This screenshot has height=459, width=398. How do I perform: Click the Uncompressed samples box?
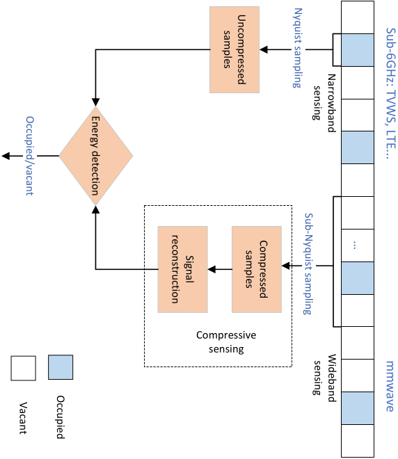(234, 50)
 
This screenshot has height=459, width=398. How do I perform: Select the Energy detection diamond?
(96, 156)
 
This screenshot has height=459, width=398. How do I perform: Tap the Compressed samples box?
(257, 269)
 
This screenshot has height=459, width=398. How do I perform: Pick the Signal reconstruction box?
(183, 269)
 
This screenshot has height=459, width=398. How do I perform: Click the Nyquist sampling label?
(297, 48)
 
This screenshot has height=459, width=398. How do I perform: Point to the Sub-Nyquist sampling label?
(308, 264)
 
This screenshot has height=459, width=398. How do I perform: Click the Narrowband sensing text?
(324, 103)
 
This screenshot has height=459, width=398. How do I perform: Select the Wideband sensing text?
(324, 378)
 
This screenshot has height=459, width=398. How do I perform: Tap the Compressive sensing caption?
(226, 341)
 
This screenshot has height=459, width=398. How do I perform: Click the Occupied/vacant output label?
(30, 156)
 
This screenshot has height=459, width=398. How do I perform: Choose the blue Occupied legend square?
(61, 367)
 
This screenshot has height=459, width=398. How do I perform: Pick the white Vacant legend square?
(24, 369)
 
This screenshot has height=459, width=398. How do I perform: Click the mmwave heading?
(390, 386)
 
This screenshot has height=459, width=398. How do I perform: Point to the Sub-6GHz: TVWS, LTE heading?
(390, 93)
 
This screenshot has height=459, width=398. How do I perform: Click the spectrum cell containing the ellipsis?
(358, 245)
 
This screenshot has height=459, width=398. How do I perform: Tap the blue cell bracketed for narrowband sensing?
(358, 50)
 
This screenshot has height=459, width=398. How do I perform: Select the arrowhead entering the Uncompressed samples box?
(264, 49)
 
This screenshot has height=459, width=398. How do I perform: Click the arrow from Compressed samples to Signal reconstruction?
(220, 269)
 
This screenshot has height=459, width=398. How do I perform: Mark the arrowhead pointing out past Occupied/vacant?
(6, 156)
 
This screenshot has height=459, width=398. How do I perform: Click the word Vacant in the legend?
(24, 418)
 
